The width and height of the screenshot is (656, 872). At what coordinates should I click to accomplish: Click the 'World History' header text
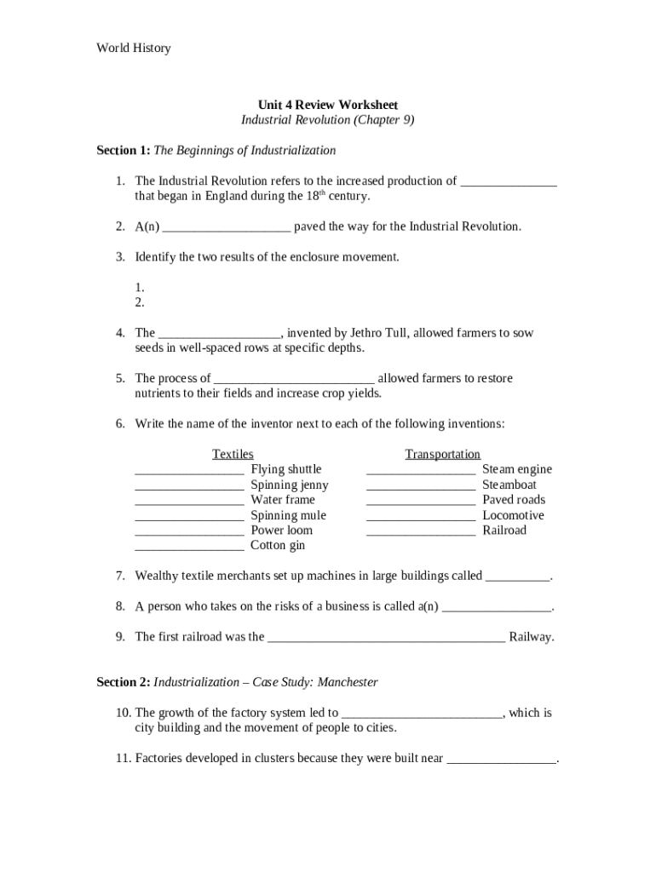click(x=133, y=48)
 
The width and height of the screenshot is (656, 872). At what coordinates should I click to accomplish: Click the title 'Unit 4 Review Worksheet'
click(x=327, y=105)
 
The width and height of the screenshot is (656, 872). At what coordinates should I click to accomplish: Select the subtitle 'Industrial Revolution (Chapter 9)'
click(x=327, y=120)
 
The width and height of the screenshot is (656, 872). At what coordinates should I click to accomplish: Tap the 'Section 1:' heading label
click(x=123, y=151)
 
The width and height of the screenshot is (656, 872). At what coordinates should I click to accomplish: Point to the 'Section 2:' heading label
click(x=123, y=682)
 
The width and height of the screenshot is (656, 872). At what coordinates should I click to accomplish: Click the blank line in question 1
click(x=508, y=181)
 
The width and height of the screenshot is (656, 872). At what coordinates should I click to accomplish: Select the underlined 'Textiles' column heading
click(x=233, y=455)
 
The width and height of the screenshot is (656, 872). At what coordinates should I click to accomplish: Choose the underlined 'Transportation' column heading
click(x=442, y=455)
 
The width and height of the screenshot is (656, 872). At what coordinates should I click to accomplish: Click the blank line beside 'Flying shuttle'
click(x=189, y=470)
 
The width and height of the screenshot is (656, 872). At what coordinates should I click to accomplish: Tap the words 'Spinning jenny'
click(x=289, y=485)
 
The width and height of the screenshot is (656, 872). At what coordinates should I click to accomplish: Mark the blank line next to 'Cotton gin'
click(x=189, y=546)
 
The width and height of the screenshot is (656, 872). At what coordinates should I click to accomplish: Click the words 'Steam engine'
click(x=516, y=469)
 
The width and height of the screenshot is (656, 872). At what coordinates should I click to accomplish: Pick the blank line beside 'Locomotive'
click(x=421, y=516)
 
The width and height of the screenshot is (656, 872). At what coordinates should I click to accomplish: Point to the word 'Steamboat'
click(x=509, y=485)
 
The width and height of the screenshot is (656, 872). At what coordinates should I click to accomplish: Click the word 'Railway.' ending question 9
click(x=531, y=637)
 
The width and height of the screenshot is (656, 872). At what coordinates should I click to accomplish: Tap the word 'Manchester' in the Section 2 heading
click(x=342, y=682)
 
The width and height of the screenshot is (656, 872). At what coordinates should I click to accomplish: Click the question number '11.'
click(x=123, y=758)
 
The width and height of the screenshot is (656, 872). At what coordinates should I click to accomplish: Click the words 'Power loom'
click(x=281, y=531)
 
